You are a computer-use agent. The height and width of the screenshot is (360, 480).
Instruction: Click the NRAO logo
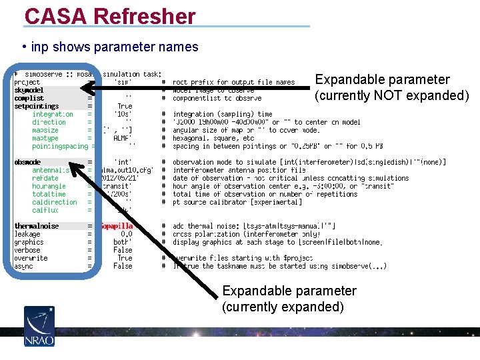39,326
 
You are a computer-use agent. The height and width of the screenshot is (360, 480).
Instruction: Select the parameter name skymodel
29,90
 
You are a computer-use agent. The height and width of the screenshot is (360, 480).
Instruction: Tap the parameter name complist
29,98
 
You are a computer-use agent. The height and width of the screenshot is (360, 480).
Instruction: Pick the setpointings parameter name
37,106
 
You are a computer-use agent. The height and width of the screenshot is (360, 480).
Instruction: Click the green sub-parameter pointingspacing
60,146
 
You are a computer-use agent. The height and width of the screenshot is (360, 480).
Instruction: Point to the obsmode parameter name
28,162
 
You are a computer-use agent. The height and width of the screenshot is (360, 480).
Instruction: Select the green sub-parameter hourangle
49,186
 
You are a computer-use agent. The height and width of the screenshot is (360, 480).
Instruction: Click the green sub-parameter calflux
45,210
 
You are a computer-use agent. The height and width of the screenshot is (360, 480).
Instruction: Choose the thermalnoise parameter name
37,226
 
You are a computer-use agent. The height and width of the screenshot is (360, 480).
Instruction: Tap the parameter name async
23,266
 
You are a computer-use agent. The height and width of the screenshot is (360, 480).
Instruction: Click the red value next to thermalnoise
117,226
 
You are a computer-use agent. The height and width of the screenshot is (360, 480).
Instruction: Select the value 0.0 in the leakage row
127,234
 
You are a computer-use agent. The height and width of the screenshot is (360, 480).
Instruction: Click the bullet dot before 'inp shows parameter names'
24,47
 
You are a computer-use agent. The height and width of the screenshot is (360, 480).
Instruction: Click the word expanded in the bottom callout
313,307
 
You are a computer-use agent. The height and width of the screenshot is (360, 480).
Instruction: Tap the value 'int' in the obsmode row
123,162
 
